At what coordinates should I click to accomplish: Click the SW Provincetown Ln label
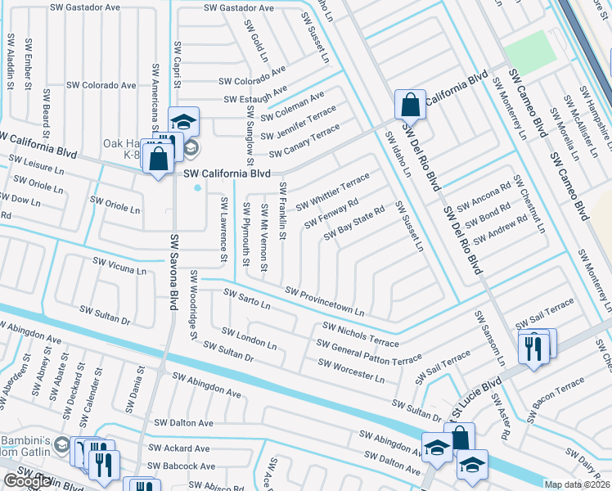point(325,302)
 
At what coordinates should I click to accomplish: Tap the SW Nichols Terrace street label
point(361,334)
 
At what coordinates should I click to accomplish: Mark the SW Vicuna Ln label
point(119,266)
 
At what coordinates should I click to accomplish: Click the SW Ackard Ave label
point(178,448)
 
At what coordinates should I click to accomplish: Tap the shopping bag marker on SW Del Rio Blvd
point(409,105)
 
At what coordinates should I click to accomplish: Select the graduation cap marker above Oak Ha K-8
point(184,122)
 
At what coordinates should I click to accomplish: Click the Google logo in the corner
point(27,481)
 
